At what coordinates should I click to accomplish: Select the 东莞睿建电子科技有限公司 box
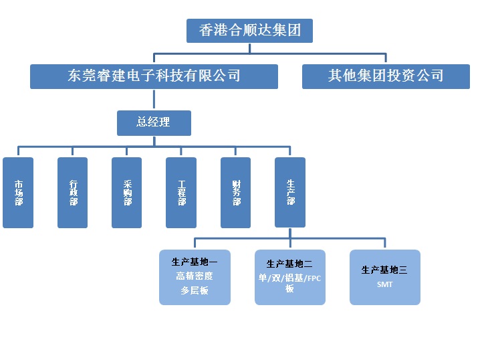154,76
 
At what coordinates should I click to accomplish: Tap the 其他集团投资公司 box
386,76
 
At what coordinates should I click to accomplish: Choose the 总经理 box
154,122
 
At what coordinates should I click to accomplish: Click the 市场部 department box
18,193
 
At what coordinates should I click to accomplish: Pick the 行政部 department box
72,193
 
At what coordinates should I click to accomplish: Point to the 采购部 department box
127,193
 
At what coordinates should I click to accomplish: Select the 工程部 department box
181,193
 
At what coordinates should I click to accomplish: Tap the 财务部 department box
235,193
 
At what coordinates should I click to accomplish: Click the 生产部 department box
290,193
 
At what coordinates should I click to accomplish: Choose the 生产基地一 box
195,277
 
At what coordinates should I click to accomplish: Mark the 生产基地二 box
290,277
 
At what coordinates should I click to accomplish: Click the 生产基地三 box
385,277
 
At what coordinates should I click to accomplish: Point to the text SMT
385,284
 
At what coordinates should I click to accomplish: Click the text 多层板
195,291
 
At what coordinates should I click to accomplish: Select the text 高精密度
195,276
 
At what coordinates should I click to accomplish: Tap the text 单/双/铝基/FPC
290,278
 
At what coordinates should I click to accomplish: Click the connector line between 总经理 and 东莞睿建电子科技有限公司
154,99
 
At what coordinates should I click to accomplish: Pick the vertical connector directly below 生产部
290,232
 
